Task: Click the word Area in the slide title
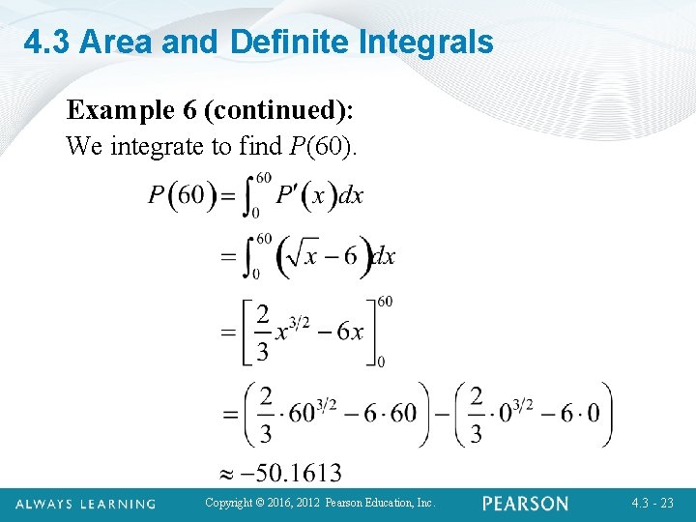(113, 42)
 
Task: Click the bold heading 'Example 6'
(133, 111)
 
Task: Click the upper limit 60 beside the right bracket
(385, 302)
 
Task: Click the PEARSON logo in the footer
(526, 504)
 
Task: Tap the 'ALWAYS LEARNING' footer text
(86, 504)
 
